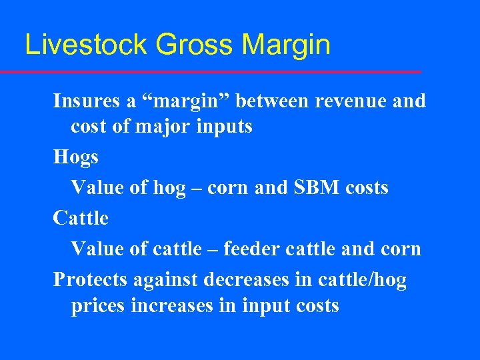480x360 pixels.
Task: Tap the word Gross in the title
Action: coord(195,45)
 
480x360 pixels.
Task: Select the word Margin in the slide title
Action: coord(287,45)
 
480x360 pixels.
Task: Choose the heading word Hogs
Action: coord(76,158)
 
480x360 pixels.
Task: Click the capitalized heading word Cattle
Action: coord(81,218)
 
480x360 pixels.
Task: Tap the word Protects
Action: coord(91,280)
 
